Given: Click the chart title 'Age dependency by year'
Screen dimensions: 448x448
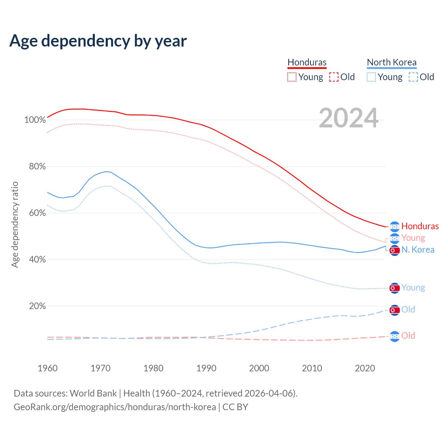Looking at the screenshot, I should tap(98, 41).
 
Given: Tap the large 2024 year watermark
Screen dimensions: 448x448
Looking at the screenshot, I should tap(349, 118).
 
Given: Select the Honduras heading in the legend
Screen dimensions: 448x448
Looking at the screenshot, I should tap(307, 62).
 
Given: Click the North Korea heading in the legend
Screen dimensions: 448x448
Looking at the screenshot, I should tap(392, 62).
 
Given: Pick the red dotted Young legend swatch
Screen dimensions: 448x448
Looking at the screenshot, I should tap(292, 77).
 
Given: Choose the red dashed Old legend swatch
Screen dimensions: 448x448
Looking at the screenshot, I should tap(334, 77).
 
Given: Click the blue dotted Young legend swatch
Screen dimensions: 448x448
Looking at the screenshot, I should tap(371, 77).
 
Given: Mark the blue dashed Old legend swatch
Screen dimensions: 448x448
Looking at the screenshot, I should tap(413, 77).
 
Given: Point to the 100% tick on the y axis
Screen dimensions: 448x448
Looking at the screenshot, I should tap(35, 120).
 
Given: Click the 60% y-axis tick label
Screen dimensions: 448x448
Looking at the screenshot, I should tap(37, 213).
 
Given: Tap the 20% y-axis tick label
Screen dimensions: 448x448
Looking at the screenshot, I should tap(37, 306).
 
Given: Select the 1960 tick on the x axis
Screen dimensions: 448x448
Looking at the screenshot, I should tap(48, 368).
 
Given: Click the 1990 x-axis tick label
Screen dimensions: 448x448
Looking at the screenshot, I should tap(206, 368).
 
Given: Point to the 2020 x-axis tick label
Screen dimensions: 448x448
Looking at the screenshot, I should tap(365, 368).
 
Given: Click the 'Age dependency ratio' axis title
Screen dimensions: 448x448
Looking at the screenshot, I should tap(15, 224).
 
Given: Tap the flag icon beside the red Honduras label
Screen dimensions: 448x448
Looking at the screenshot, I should tap(394, 226).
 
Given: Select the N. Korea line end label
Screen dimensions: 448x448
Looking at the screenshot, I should tap(418, 250).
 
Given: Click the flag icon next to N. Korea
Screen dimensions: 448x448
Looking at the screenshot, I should tap(394, 250).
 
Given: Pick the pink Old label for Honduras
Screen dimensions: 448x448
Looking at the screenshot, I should tap(408, 336).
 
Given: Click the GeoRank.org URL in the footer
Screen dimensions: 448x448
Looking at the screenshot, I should tap(115, 407).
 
